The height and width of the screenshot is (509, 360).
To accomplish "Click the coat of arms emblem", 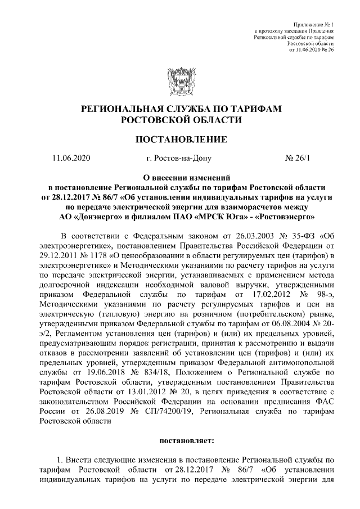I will pos(179,82).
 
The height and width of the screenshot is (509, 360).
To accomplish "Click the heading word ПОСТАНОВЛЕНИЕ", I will pos(179,139).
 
